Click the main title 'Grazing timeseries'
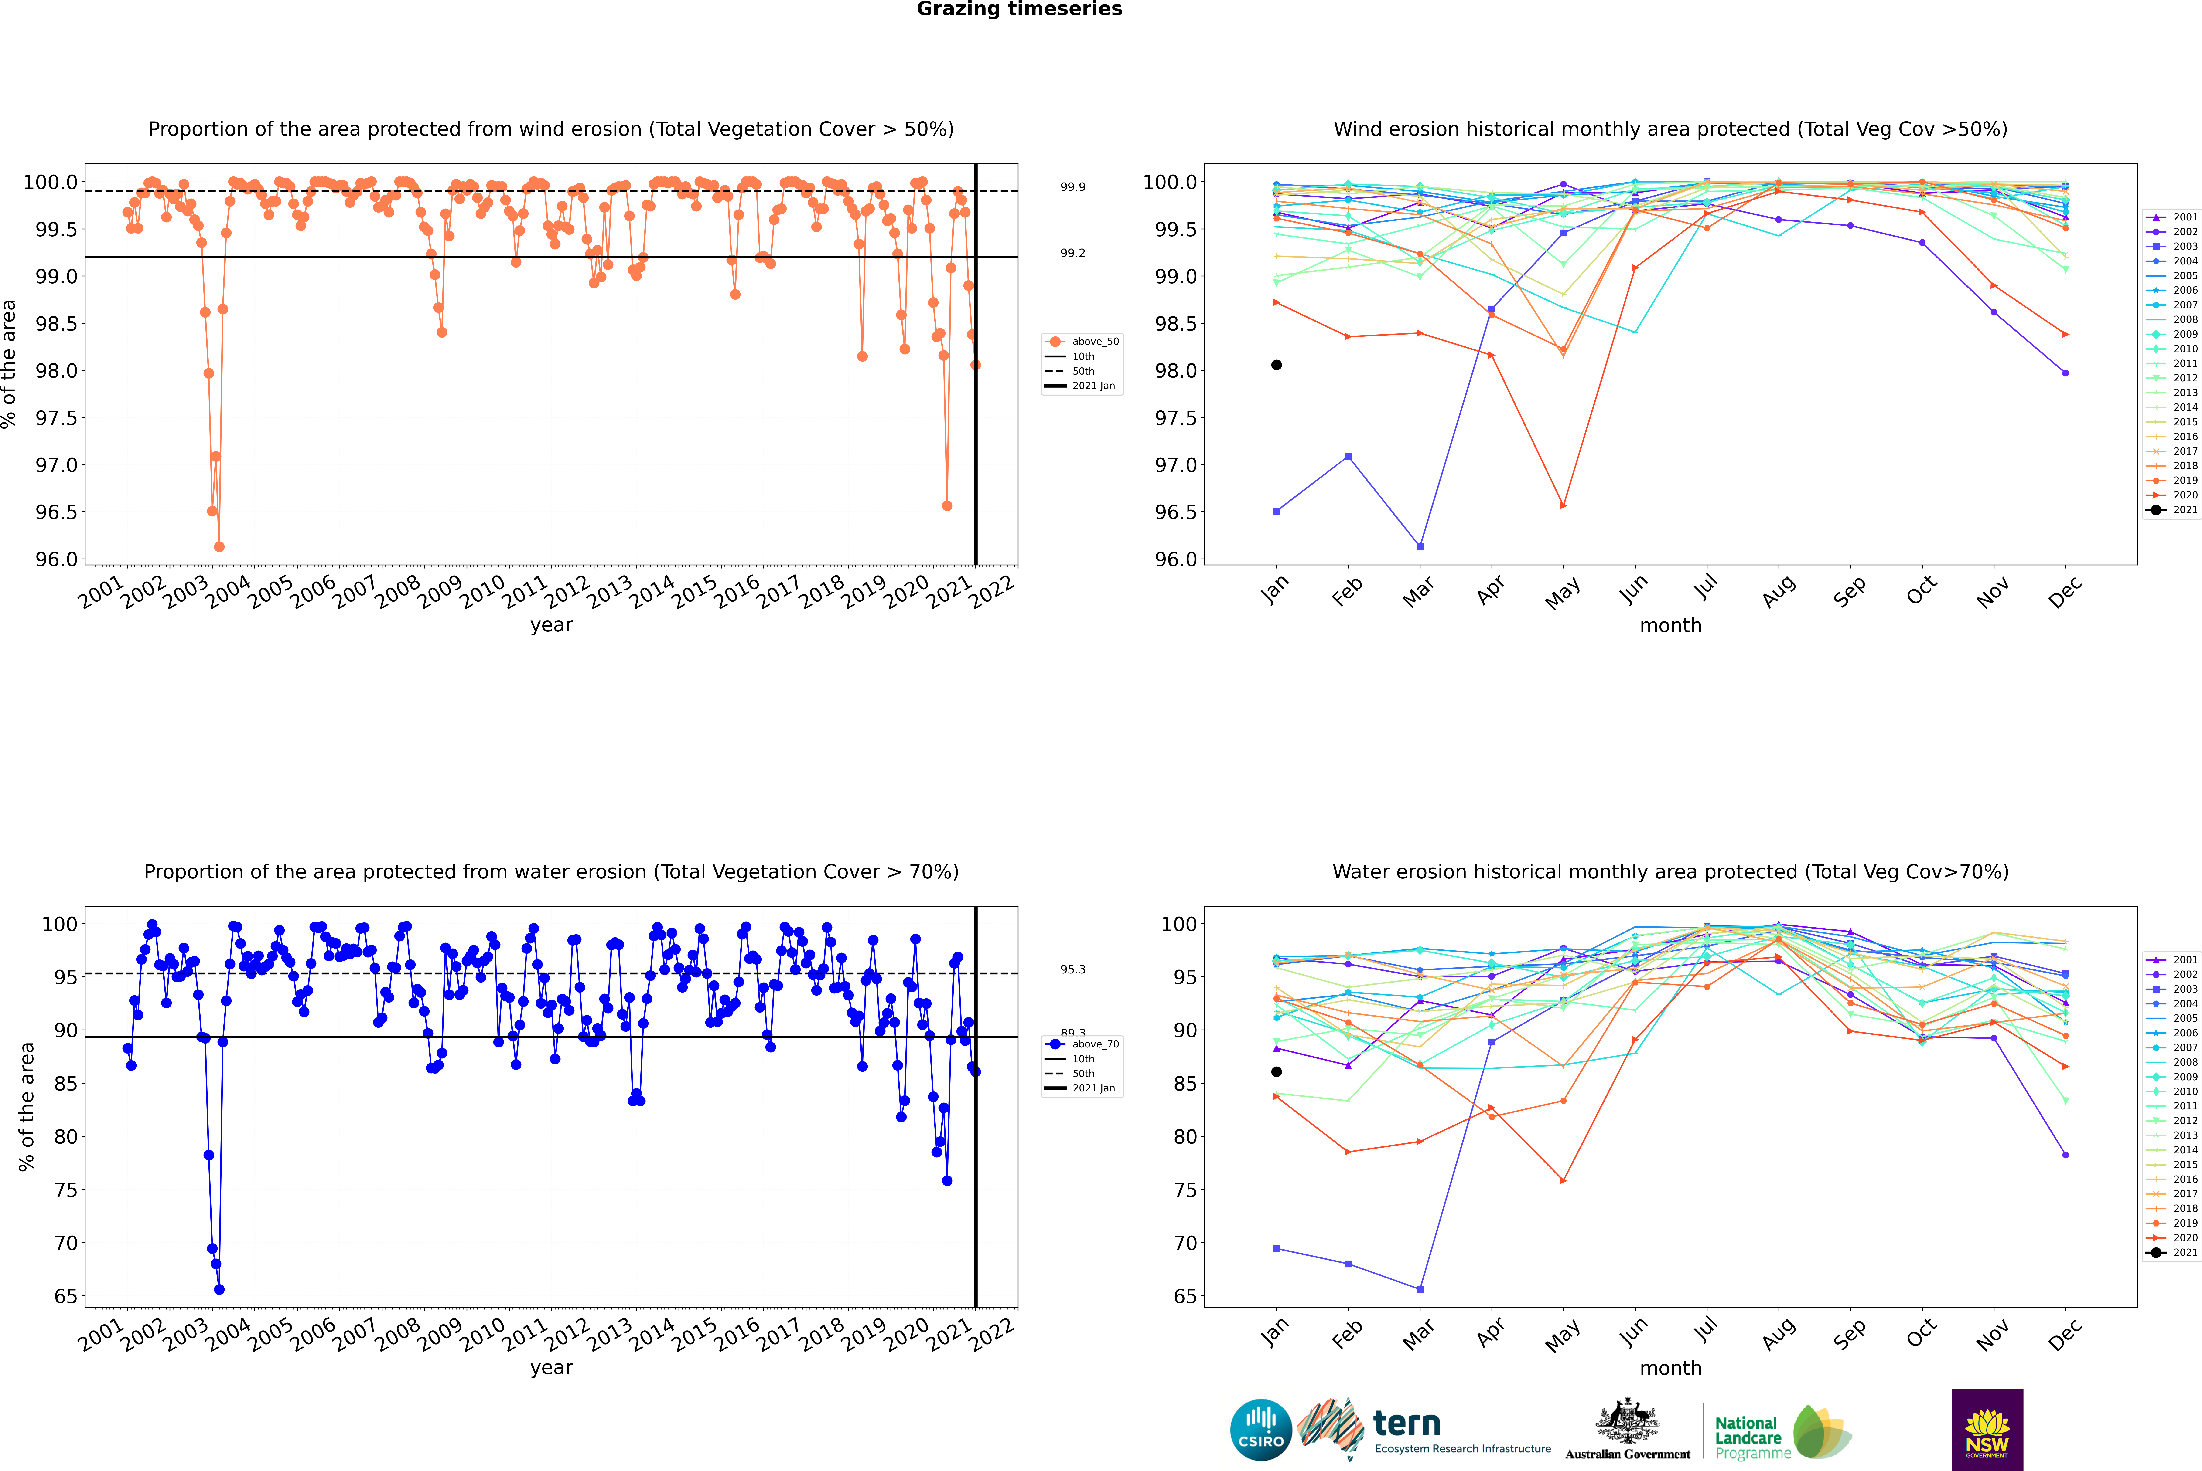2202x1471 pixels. click(x=1019, y=9)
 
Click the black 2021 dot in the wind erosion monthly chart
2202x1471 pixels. click(x=1277, y=365)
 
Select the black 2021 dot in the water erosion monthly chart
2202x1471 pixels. click(x=1277, y=1071)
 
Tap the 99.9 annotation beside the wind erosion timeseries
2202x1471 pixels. click(x=1073, y=187)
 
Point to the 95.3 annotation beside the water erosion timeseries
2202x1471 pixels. click(x=1073, y=969)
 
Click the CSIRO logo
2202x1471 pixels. click(x=1261, y=1430)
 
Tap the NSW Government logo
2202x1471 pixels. click(x=1987, y=1430)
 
